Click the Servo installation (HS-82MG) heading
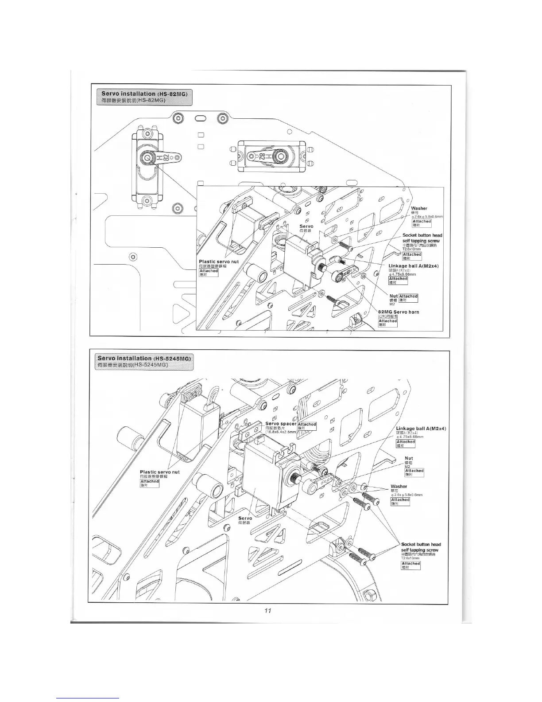coord(144,94)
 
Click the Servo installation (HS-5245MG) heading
coord(144,358)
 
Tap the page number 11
coord(267,610)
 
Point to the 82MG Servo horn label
coord(398,312)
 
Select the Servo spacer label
coord(281,424)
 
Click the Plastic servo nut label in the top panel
coord(219,262)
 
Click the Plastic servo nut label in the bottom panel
coord(159,472)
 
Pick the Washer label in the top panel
coord(419,208)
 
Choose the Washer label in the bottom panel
coord(399,487)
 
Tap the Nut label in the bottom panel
coord(409,458)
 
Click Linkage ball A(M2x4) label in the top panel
coord(413,266)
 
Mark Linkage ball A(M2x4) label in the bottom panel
coord(421,429)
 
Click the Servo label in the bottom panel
coord(245,518)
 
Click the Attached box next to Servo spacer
coord(307,424)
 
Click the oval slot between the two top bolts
coord(200,119)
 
